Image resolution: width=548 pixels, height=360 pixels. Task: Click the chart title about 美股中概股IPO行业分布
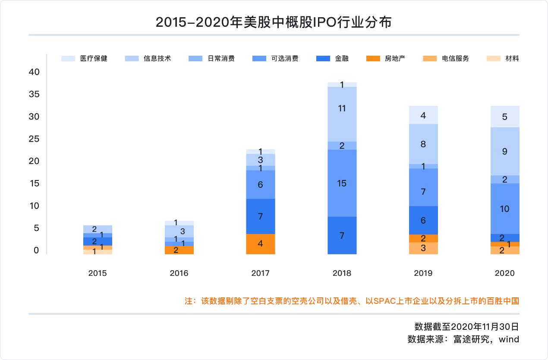click(274, 22)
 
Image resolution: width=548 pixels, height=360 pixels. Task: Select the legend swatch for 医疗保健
click(68, 58)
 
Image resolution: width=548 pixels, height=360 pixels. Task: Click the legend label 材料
click(512, 58)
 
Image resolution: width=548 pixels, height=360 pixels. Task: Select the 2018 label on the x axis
click(342, 273)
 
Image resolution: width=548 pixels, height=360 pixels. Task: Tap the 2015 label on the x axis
click(97, 273)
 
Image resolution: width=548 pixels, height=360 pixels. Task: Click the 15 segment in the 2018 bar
click(342, 183)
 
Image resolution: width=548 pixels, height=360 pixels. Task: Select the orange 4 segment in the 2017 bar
click(260, 244)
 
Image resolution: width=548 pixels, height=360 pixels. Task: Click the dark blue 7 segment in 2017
click(260, 216)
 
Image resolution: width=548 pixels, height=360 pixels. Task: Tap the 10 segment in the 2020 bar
click(504, 209)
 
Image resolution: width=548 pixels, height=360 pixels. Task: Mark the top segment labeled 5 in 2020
click(504, 117)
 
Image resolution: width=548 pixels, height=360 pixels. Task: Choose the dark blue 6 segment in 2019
click(423, 220)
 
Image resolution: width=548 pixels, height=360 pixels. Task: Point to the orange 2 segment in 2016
click(179, 250)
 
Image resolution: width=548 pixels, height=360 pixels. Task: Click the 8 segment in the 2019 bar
click(423, 144)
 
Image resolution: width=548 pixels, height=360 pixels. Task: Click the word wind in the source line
click(509, 339)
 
